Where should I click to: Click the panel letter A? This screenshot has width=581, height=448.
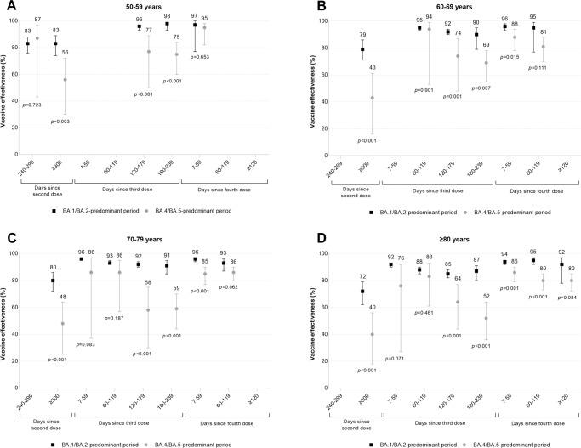7,7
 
